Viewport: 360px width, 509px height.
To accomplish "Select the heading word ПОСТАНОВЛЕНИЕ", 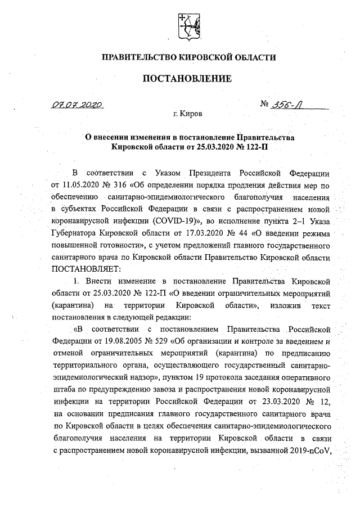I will (x=187, y=79).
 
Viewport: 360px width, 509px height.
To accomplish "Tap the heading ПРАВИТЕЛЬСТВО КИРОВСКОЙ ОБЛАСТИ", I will (x=187, y=57).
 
